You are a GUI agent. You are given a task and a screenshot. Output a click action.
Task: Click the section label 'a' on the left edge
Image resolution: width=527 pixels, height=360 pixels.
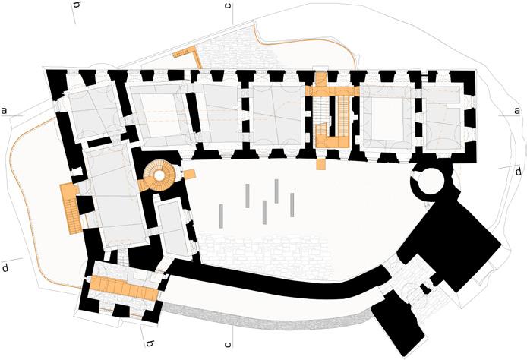pos(5,111)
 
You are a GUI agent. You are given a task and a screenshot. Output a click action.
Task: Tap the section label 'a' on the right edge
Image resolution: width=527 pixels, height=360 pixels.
pos(516,111)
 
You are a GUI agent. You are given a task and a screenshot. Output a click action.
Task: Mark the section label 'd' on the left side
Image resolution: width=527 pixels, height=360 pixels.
pos(5,268)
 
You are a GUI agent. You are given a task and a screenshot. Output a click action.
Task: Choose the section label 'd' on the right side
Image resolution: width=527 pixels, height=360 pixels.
pos(518,172)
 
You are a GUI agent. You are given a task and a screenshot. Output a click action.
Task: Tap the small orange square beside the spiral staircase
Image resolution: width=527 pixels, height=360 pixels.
pos(191,174)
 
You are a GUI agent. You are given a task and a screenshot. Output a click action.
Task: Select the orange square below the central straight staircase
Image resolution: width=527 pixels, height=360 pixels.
pos(321,163)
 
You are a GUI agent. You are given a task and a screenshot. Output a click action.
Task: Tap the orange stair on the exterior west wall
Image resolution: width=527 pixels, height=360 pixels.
pos(71,207)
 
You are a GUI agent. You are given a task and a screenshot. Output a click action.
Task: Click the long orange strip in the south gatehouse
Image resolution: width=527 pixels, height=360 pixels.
pos(124,287)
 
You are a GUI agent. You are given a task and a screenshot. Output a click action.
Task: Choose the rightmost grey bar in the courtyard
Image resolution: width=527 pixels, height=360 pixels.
pos(292,204)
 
